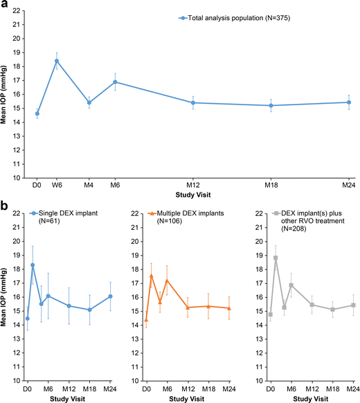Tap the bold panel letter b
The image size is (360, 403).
coord(5,206)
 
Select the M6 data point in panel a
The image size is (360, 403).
coord(115,82)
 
